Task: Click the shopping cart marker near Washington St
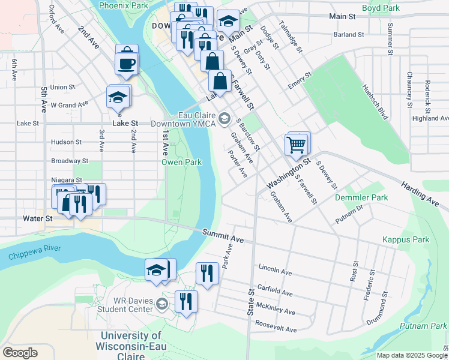point(297,145)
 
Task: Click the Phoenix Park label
point(123,5)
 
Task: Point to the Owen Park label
point(181,162)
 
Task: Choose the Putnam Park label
point(423,326)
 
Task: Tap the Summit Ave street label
point(223,236)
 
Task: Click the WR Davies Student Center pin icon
point(161,305)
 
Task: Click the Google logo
point(20,352)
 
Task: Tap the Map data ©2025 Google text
point(411,355)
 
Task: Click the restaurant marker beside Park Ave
point(205,274)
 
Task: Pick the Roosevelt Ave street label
point(276,329)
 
